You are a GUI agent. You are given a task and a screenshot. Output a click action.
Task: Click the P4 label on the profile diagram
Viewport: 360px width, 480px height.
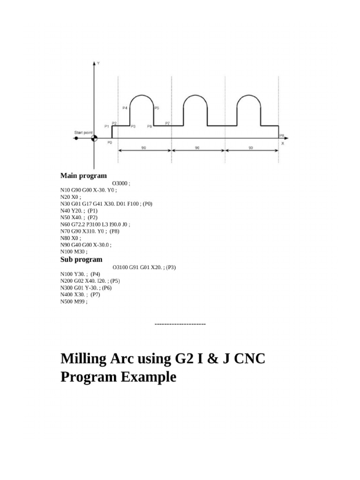tap(125, 108)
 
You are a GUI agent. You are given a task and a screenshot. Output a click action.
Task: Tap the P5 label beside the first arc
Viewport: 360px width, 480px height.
tap(157, 108)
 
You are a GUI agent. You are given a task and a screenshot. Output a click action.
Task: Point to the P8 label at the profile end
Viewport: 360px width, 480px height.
tap(281, 135)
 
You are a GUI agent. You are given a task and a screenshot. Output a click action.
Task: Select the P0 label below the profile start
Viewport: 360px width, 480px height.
tap(109, 142)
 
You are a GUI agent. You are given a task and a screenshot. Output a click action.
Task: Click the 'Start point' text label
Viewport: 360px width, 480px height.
tap(83, 133)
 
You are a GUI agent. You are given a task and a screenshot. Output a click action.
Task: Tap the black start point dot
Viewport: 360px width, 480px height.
tap(76, 138)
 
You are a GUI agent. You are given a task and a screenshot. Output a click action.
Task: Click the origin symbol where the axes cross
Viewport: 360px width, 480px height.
tap(94, 138)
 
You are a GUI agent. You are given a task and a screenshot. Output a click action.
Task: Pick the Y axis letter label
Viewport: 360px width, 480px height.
tap(98, 62)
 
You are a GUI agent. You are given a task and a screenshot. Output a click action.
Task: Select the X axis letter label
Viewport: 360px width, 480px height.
tap(282, 143)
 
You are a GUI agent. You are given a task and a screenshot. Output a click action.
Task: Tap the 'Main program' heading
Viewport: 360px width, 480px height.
tap(83, 176)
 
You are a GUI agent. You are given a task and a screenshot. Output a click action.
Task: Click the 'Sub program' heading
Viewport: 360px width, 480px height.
tap(81, 259)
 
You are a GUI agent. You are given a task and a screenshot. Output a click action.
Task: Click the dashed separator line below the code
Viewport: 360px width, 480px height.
tap(180, 324)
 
